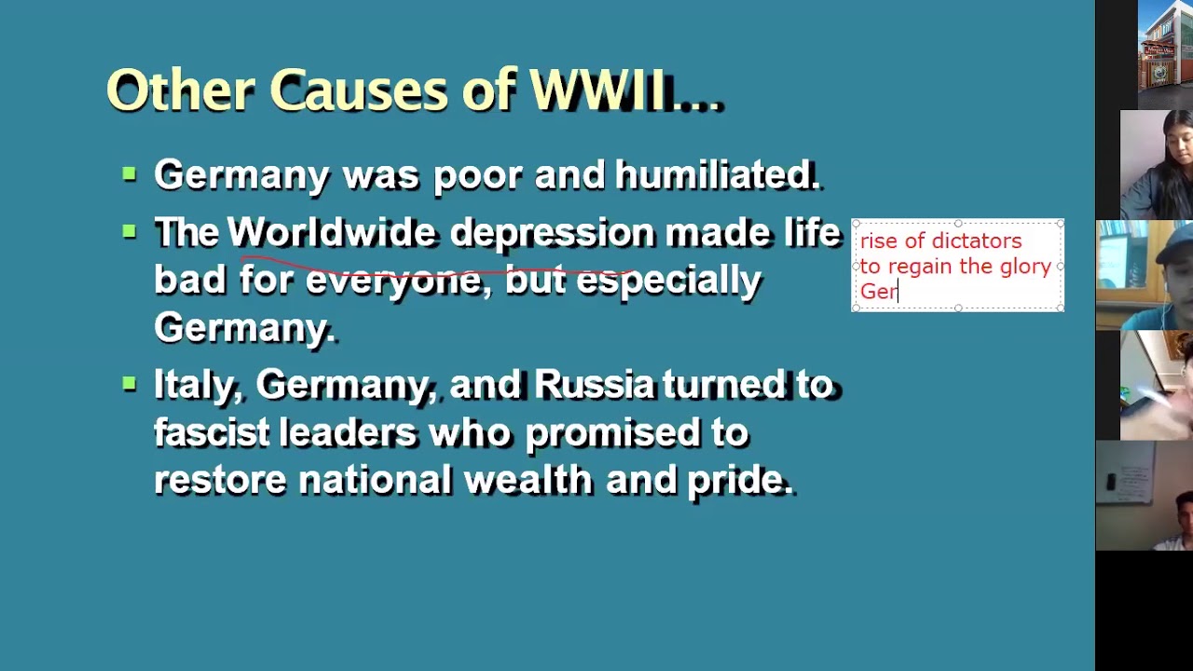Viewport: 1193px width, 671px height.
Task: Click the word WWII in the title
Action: pyautogui.click(x=598, y=91)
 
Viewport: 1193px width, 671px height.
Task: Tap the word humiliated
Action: pyautogui.click(x=716, y=175)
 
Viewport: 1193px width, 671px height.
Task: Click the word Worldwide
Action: pyautogui.click(x=331, y=233)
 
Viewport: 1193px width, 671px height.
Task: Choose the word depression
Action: pyautogui.click(x=552, y=233)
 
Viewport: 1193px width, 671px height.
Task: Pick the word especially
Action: pyautogui.click(x=668, y=281)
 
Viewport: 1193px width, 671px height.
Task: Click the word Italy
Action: pyautogui.click(x=194, y=385)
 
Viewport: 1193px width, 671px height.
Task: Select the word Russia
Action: pyautogui.click(x=594, y=385)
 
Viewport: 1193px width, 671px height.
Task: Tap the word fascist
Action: pyautogui.click(x=211, y=432)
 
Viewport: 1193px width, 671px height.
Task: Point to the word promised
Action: pyautogui.click(x=636, y=432)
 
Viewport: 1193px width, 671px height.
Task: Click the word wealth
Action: pyautogui.click(x=528, y=480)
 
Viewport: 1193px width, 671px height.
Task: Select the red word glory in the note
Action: pyautogui.click(x=1025, y=267)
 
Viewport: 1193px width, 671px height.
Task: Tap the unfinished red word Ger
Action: pyautogui.click(x=877, y=292)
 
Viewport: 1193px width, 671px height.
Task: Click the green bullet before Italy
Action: pyautogui.click(x=130, y=381)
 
